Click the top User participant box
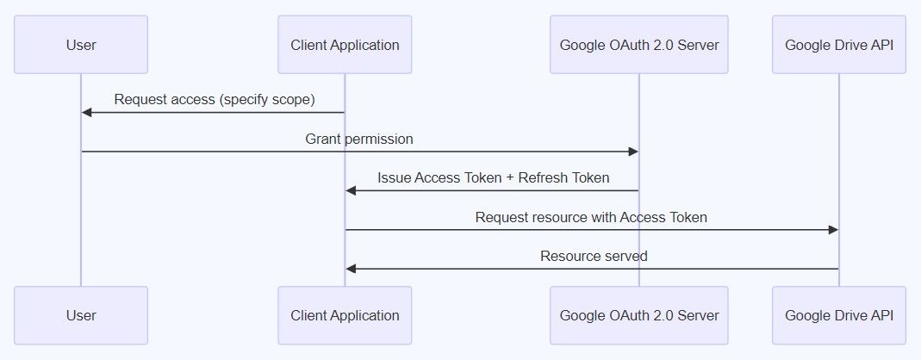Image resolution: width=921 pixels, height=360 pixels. point(81,45)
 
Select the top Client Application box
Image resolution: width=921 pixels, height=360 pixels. point(345,45)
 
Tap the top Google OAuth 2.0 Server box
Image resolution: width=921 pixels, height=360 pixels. point(638,45)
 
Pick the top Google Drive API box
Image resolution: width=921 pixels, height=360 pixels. point(838,45)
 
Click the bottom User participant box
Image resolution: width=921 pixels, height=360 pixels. point(81,315)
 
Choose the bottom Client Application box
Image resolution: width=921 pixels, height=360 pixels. point(345,315)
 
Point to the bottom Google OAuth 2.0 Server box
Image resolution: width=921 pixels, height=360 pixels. point(638,315)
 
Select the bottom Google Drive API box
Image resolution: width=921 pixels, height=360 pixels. point(838,315)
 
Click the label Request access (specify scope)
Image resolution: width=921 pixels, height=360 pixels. point(214,100)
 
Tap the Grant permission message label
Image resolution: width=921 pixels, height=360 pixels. point(359,139)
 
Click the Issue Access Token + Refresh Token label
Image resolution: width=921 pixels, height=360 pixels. point(493,178)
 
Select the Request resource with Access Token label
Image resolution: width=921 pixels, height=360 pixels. point(591,217)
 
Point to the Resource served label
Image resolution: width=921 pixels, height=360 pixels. point(594,256)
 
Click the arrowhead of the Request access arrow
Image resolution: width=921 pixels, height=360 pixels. point(87,112)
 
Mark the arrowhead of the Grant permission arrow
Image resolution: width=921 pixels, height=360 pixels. point(633,152)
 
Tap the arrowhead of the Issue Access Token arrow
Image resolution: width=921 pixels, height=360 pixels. point(351,190)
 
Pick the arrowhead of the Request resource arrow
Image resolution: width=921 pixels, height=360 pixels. point(833,230)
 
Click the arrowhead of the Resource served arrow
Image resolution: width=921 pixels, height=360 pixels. point(351,269)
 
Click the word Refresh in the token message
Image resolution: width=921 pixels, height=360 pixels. point(545,178)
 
